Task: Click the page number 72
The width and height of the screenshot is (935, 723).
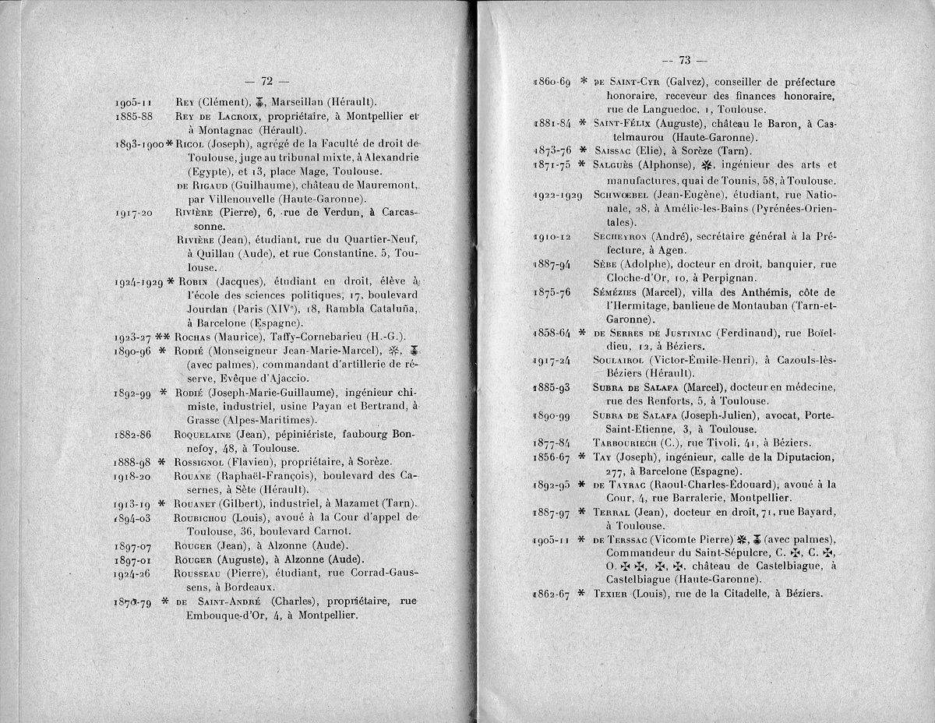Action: [266, 80]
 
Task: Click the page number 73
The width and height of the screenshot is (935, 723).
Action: [685, 60]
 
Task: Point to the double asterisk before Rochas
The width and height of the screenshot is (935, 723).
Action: [162, 337]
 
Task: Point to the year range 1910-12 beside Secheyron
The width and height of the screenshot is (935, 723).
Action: [551, 237]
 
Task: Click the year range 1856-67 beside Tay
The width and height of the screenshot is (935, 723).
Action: [551, 457]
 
